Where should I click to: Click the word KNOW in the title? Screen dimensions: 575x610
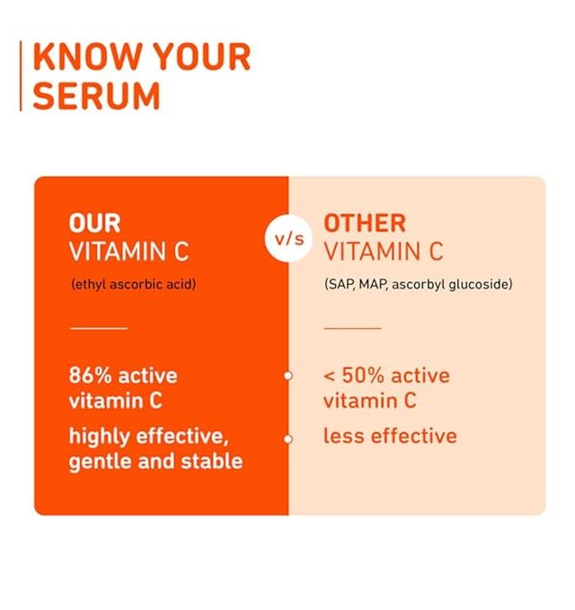[87, 57]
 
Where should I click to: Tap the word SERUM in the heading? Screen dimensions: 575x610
[96, 95]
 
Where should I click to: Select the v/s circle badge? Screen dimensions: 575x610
[288, 238]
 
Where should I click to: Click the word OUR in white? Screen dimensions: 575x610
[94, 224]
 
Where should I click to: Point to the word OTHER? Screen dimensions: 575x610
[365, 224]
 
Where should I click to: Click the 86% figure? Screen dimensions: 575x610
[90, 376]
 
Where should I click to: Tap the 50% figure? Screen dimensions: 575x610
[363, 376]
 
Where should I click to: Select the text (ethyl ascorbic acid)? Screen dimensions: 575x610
[134, 285]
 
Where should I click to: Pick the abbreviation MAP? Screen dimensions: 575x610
[373, 285]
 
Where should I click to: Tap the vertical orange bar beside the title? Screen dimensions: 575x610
[21, 75]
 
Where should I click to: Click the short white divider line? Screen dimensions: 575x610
[99, 328]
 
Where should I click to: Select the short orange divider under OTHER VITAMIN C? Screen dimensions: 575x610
[352, 328]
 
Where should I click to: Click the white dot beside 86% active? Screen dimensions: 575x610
[287, 376]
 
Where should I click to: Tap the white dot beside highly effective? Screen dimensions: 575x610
[287, 438]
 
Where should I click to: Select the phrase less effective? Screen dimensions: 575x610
[390, 436]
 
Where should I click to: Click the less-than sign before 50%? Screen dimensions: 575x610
[329, 376]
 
